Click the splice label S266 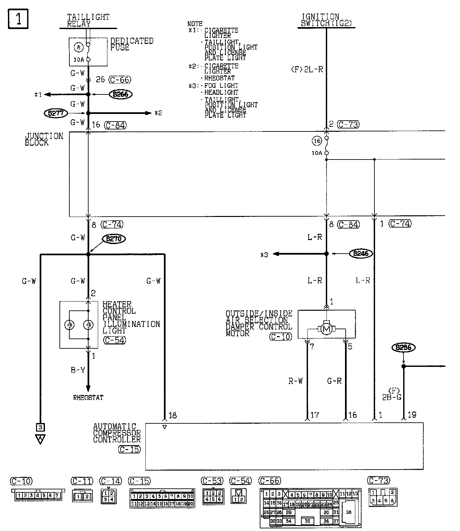click(121, 94)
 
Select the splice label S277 click(56, 113)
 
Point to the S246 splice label click(361, 254)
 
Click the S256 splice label click(403, 347)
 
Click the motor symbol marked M click(326, 329)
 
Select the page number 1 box click(18, 19)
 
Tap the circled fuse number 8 click(79, 48)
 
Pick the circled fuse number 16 click(317, 141)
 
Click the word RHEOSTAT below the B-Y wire click(88, 398)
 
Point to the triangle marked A click(40, 439)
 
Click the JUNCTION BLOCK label click(44, 139)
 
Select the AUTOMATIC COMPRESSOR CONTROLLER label click(117, 433)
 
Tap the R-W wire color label click(295, 381)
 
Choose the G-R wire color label click(334, 381)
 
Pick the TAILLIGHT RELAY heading click(88, 20)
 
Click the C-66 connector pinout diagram click(310, 507)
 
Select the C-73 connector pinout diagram click(382, 497)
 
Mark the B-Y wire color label click(78, 370)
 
